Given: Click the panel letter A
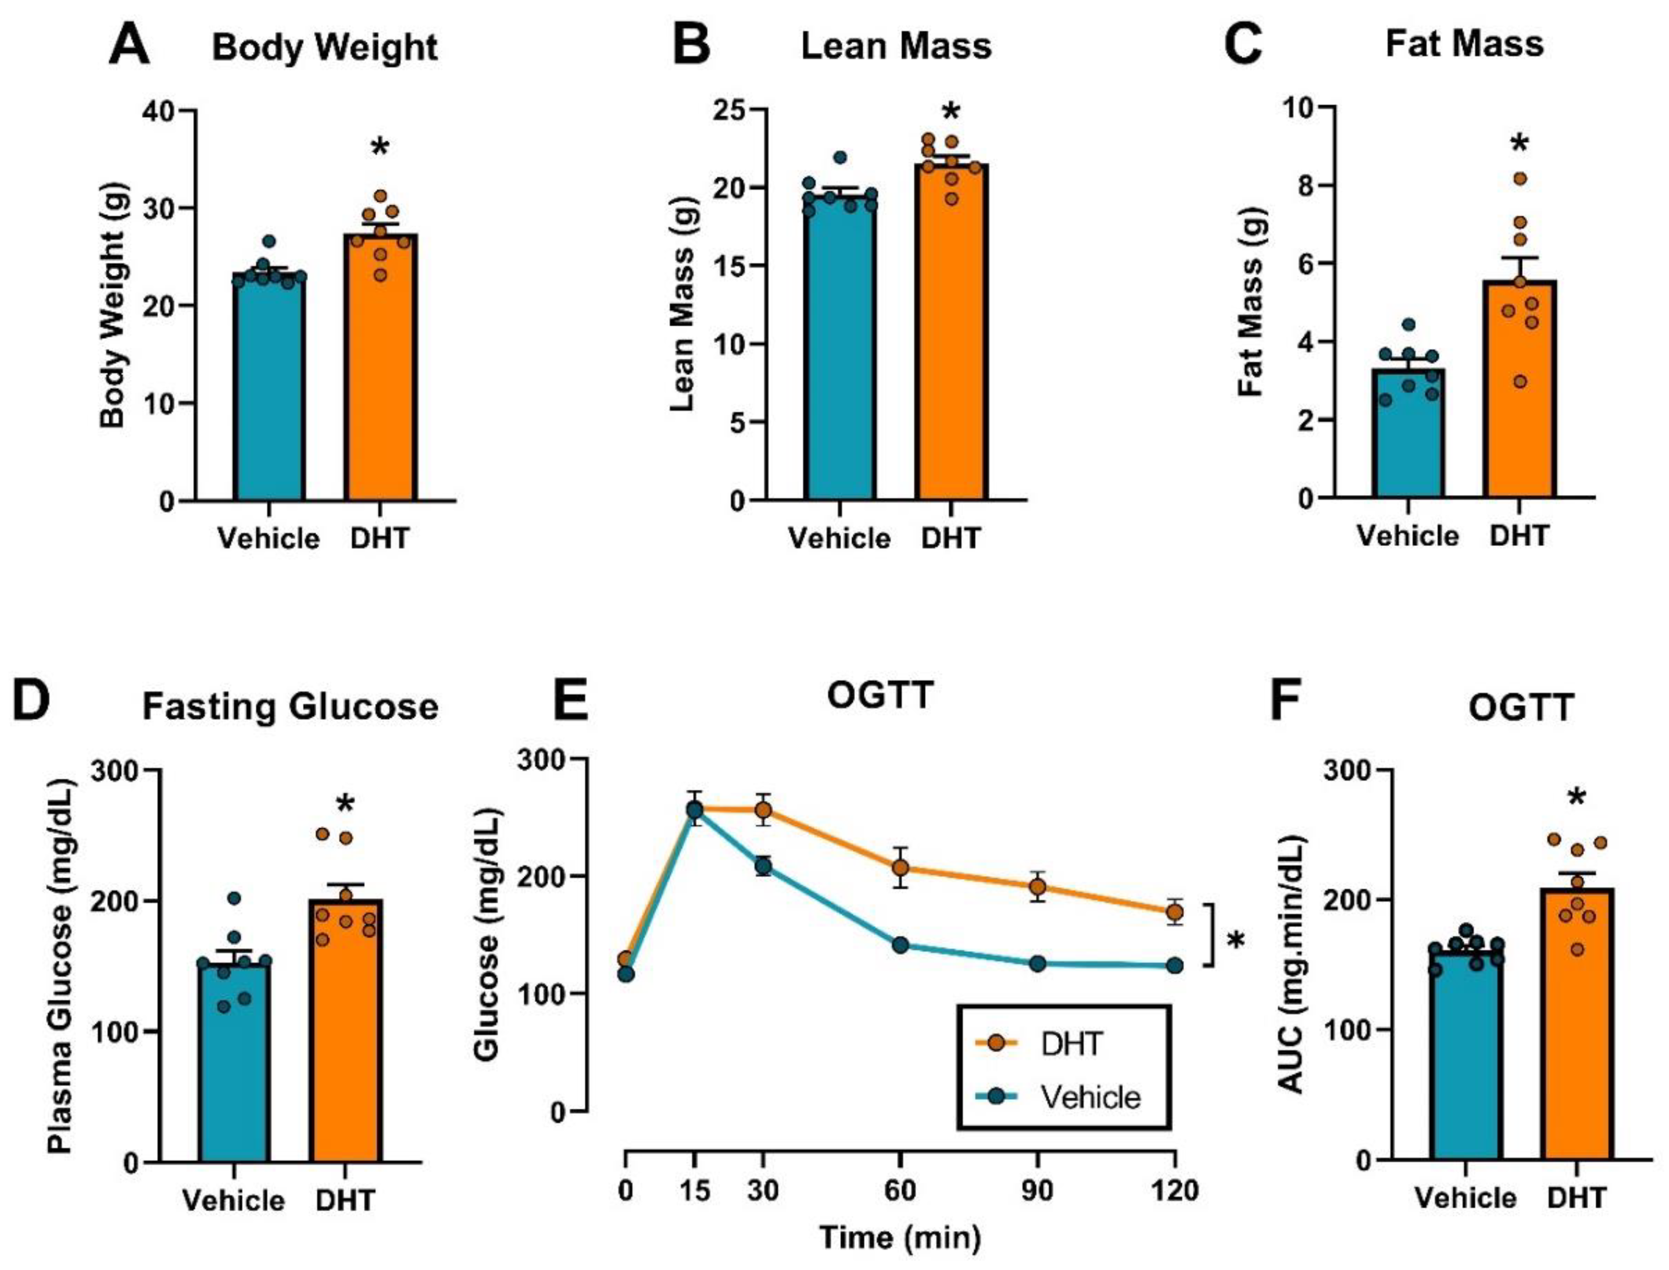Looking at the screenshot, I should pos(129,46).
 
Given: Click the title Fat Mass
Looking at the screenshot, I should pos(1464,44).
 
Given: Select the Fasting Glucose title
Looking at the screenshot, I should pos(290,707).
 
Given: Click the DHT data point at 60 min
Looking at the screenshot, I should pos(900,868).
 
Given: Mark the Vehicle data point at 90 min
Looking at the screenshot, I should pos(1038,964).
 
